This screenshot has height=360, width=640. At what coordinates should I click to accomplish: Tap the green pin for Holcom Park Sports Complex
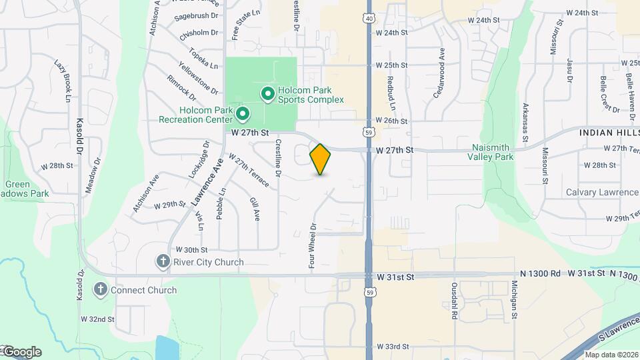267,95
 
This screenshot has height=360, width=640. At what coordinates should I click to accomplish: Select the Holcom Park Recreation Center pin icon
242,115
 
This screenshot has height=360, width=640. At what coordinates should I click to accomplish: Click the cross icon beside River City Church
163,262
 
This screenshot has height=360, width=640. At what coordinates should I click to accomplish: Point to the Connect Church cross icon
100,290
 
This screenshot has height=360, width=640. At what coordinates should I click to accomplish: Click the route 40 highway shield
369,18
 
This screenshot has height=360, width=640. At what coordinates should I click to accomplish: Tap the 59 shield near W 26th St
369,132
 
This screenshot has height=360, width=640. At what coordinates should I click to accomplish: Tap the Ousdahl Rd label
453,304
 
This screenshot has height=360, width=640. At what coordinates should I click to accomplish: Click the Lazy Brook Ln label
62,80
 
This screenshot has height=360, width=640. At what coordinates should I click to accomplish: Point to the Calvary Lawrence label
602,192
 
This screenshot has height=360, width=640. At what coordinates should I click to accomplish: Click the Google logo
22,351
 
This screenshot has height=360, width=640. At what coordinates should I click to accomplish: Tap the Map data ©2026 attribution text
611,355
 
